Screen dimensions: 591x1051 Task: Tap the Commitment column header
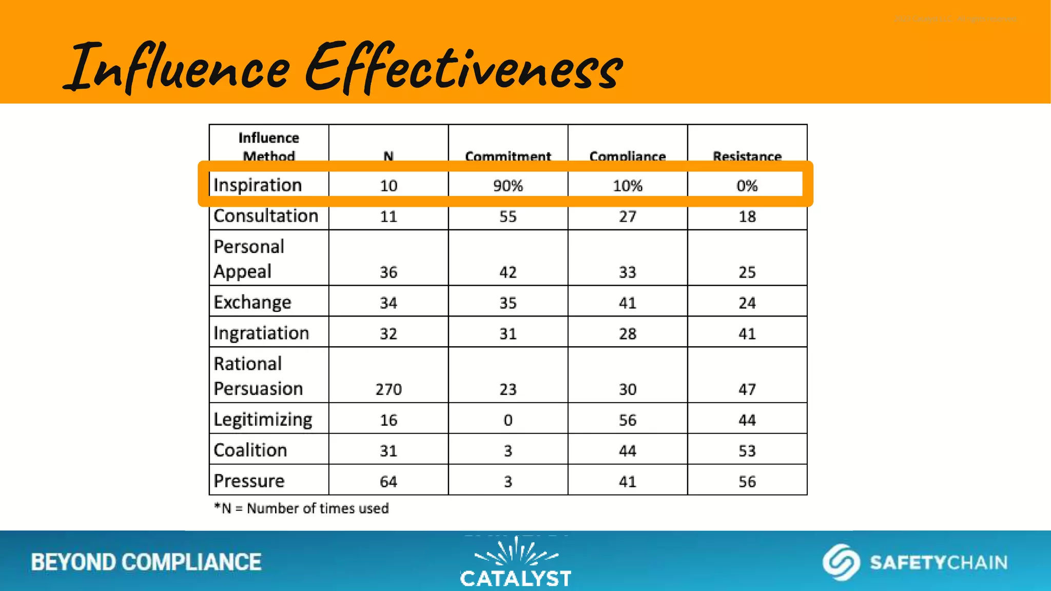508,156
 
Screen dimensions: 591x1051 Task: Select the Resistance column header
747,156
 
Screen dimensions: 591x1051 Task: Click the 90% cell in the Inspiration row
508,186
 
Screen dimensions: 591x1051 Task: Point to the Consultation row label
266,216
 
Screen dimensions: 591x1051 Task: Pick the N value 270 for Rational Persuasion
388,389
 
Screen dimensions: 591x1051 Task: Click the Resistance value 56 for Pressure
747,482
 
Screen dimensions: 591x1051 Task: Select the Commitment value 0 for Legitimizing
508,420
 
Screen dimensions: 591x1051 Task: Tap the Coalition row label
250,450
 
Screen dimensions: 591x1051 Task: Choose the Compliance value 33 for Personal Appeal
628,272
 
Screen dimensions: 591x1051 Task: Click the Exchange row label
252,303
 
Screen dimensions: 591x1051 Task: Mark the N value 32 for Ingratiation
388,334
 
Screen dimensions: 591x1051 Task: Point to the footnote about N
302,508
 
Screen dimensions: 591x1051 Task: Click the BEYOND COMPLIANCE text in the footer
146,562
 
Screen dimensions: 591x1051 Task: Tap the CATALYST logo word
515,579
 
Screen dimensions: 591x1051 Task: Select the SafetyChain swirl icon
841,562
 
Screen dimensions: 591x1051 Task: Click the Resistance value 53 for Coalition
747,451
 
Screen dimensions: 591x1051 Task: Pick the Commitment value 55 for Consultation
508,216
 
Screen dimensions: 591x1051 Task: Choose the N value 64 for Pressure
388,482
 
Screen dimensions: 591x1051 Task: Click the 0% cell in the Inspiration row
747,186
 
